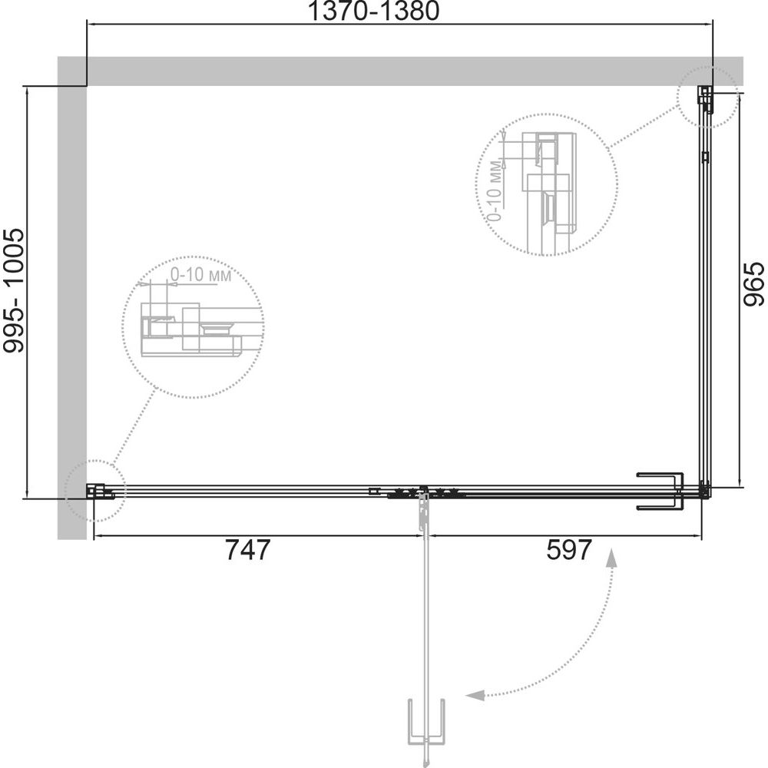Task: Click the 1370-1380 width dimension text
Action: (x=373, y=11)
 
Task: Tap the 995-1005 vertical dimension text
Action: (x=13, y=291)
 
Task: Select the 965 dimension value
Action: (x=753, y=283)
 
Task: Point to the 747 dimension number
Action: (x=248, y=550)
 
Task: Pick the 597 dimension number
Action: (x=569, y=550)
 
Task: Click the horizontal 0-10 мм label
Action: (x=200, y=275)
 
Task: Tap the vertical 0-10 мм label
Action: (x=495, y=190)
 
